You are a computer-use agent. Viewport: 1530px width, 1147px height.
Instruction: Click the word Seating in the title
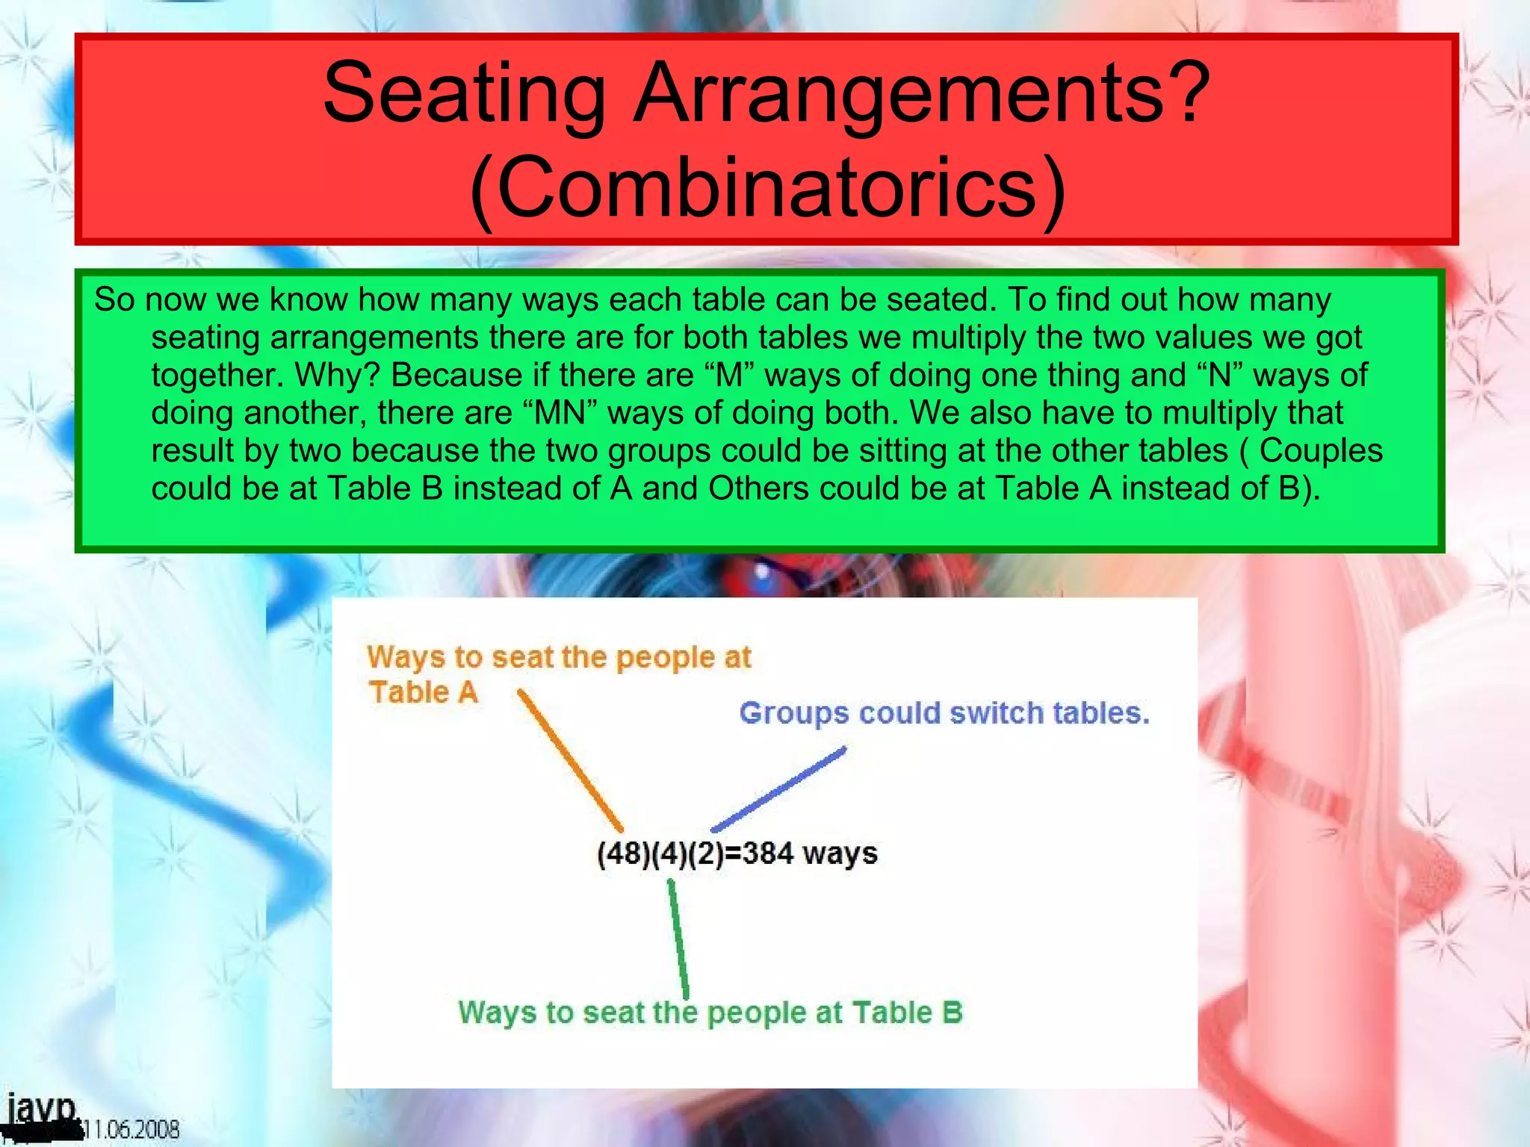tap(464, 93)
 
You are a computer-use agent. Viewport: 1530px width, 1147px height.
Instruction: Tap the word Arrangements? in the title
tap(922, 93)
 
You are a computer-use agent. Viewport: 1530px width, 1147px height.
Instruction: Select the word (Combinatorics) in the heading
tap(767, 187)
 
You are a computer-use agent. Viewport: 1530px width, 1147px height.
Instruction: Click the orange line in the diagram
tap(571, 760)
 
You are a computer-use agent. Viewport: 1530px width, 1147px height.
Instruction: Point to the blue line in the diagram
tap(778, 789)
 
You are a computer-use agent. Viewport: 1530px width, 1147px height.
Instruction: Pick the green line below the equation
tap(678, 939)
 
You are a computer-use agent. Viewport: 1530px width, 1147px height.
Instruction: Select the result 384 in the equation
tap(768, 853)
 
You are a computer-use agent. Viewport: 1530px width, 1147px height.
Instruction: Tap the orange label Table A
tap(423, 692)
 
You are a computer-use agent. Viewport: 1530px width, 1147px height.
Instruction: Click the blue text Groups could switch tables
tap(944, 713)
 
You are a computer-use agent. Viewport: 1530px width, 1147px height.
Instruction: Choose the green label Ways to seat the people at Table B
tap(710, 1013)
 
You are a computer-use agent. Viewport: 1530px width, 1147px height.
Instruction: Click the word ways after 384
tap(840, 853)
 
